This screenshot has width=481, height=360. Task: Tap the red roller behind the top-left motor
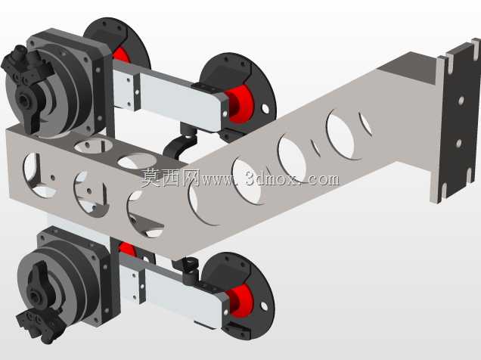pyautogui.click(x=121, y=55)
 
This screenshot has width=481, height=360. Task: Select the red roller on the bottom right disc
pyautogui.click(x=240, y=301)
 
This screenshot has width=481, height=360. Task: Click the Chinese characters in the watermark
pyautogui.click(x=170, y=178)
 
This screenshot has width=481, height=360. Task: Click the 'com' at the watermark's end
pyautogui.click(x=324, y=179)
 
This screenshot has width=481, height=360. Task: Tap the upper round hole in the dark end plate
pyautogui.click(x=461, y=101)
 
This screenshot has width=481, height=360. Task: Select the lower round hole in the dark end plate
pyautogui.click(x=458, y=143)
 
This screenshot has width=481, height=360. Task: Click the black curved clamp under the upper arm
pyautogui.click(x=178, y=144)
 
